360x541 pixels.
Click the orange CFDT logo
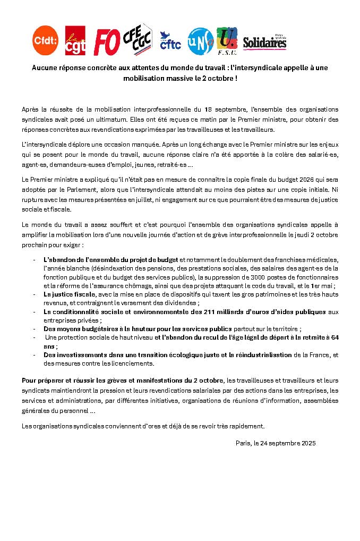45,40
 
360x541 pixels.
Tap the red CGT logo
75,40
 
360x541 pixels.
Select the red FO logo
106,41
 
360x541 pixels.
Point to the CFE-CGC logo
137,39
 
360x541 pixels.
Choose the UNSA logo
201,40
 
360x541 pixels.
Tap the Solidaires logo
264,43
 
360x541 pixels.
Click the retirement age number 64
334,337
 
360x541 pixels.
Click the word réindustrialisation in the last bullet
262,354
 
